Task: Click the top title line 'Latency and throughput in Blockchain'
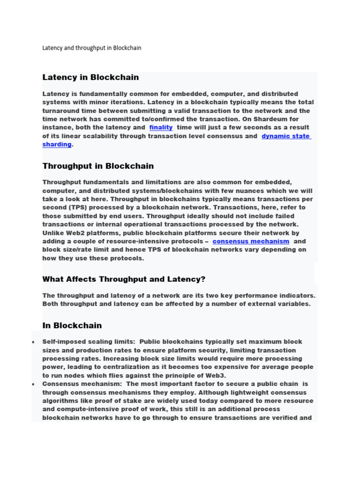pyautogui.click(x=91, y=48)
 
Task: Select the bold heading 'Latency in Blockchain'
pyautogui.click(x=90, y=77)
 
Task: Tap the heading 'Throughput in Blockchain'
pyautogui.click(x=98, y=166)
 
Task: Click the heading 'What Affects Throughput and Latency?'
pyautogui.click(x=124, y=279)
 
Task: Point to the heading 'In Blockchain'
pyautogui.click(x=72, y=325)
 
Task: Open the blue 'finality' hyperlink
pyautogui.click(x=161, y=127)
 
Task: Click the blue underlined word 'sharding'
pyautogui.click(x=57, y=144)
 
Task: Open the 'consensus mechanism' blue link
pyautogui.click(x=251, y=241)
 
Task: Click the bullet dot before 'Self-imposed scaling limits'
pyautogui.click(x=33, y=342)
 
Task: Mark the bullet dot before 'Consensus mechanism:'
pyautogui.click(x=33, y=384)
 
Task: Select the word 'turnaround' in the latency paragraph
pyautogui.click(x=64, y=111)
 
